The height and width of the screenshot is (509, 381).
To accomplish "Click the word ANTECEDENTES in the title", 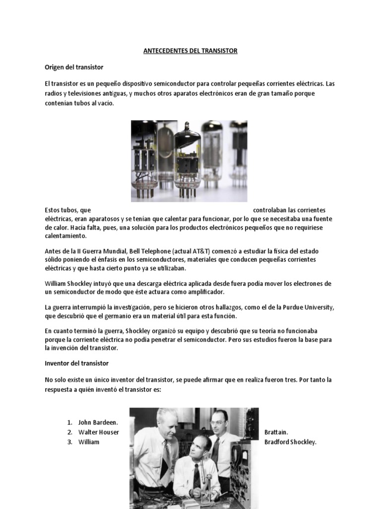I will click(162, 51).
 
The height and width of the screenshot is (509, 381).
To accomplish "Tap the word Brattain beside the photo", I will click(276, 432).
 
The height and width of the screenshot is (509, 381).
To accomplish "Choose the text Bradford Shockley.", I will click(290, 442).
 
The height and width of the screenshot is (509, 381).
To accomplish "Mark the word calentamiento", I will click(64, 235).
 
